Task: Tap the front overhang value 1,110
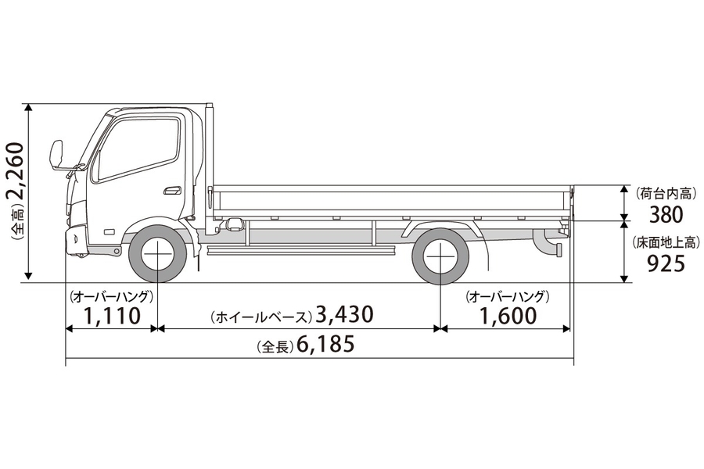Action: pyautogui.click(x=112, y=316)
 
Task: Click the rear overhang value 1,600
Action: pyautogui.click(x=508, y=316)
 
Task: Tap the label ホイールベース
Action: pyautogui.click(x=260, y=317)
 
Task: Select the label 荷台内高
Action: pyautogui.click(x=666, y=192)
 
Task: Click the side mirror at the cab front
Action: pyautogui.click(x=56, y=154)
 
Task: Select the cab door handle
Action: pyautogui.click(x=172, y=190)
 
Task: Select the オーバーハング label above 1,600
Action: pyautogui.click(x=508, y=297)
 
